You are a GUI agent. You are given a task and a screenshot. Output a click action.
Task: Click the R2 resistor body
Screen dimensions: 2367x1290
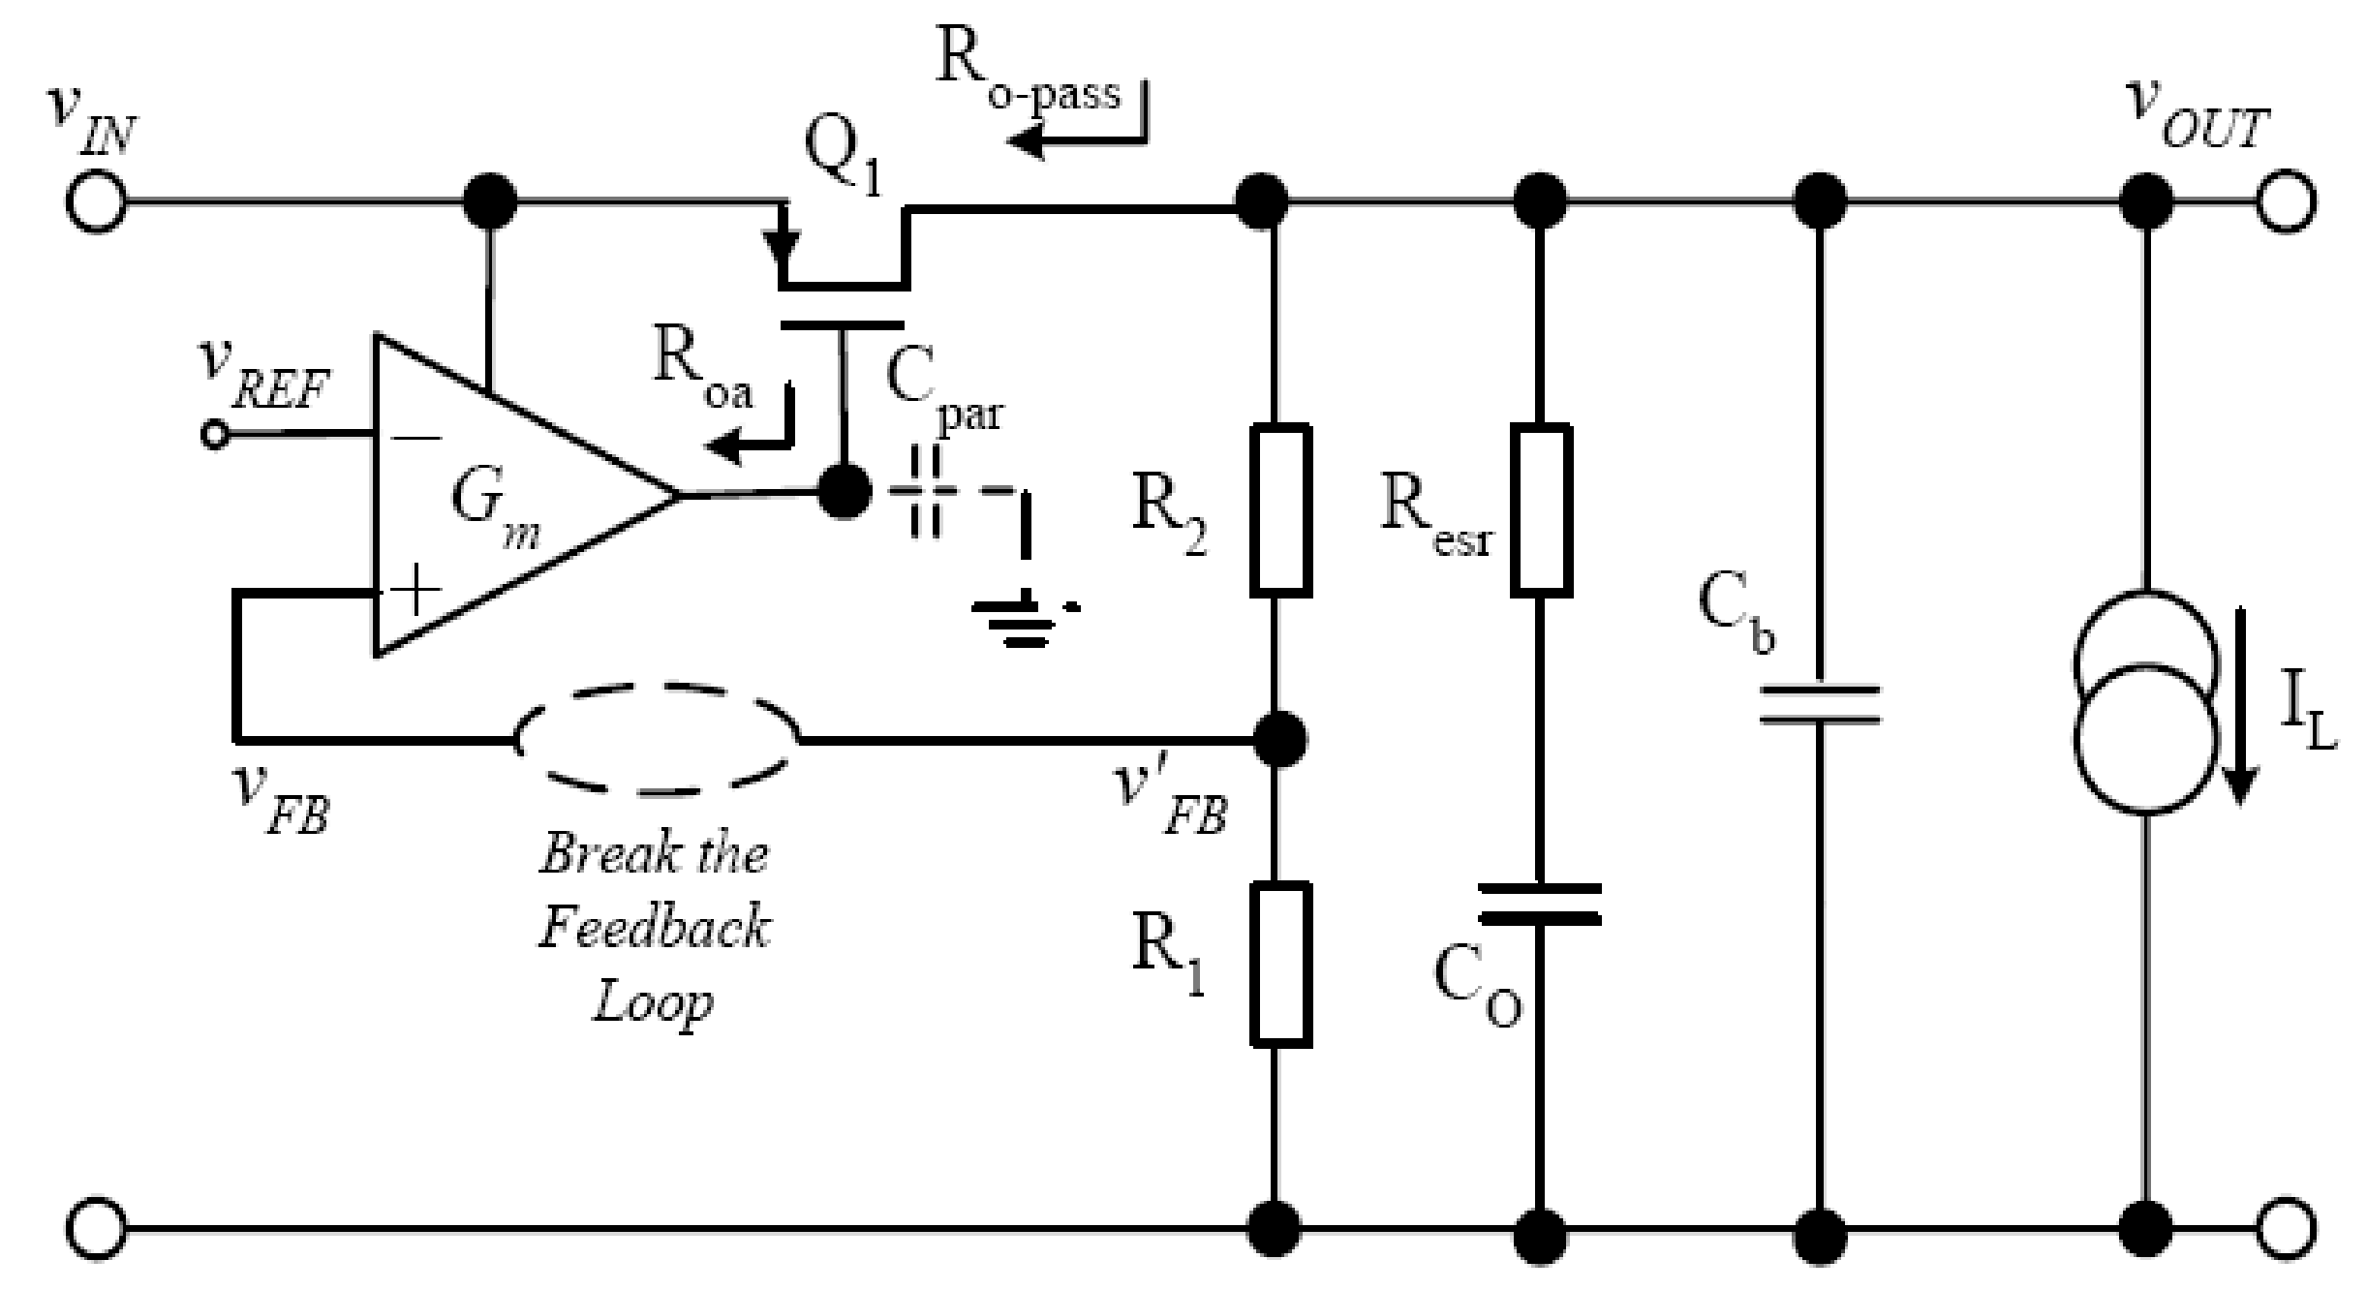coord(1281,508)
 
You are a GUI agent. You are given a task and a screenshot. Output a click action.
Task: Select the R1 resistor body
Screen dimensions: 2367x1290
coord(1281,964)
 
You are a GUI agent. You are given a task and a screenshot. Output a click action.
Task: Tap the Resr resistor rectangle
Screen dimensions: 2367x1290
coord(1541,508)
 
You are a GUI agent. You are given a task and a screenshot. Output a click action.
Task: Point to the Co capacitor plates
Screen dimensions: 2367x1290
coord(1540,904)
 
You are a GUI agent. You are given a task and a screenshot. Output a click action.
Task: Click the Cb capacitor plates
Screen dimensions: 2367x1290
coord(1820,704)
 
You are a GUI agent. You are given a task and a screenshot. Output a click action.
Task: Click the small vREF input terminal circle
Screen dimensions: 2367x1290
coord(214,435)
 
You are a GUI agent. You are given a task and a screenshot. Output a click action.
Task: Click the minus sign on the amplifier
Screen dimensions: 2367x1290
coord(417,438)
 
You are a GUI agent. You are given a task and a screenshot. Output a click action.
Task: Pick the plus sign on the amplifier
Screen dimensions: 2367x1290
coord(415,590)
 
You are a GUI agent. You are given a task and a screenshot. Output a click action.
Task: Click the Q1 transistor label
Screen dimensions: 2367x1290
coord(844,159)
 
